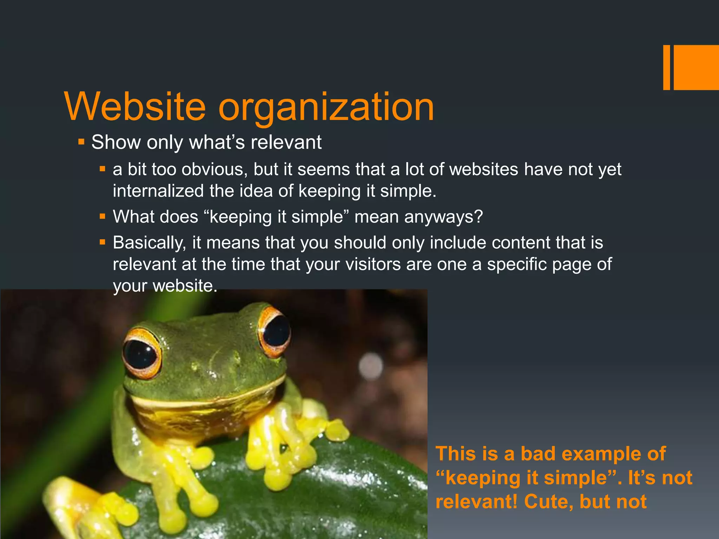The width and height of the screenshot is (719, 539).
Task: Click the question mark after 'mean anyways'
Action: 479,217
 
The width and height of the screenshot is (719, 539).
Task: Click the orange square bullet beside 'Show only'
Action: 81,142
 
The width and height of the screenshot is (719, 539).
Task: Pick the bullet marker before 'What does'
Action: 103,217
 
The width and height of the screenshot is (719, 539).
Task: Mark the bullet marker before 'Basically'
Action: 103,242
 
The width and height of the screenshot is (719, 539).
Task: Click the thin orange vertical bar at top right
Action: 666,67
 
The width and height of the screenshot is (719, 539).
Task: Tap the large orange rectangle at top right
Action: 696,67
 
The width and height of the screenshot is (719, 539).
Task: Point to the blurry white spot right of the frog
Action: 371,366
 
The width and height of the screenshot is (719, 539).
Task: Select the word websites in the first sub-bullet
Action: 484,169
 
